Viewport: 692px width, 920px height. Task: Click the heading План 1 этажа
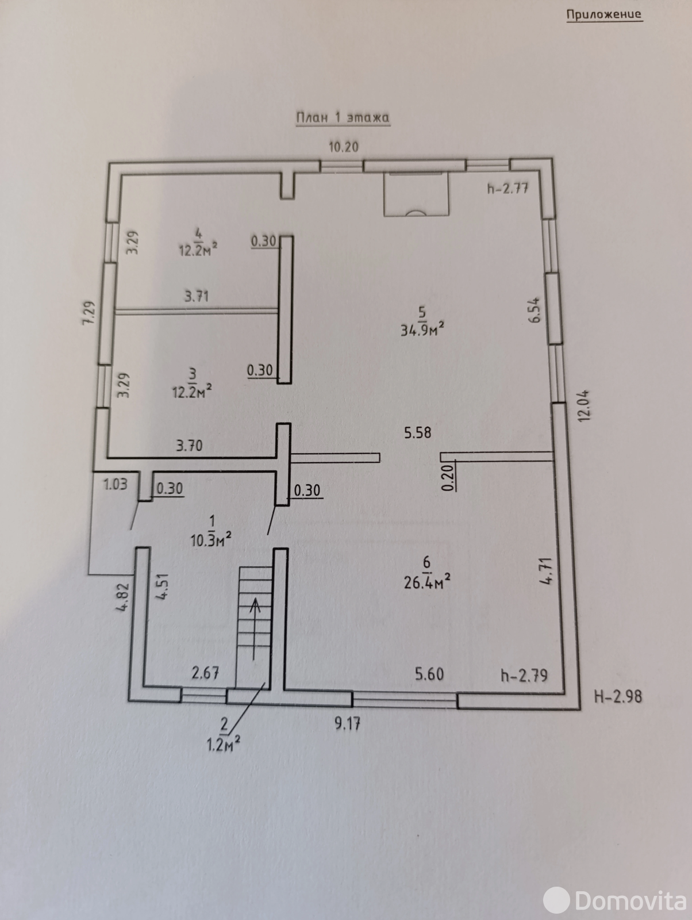pyautogui.click(x=343, y=118)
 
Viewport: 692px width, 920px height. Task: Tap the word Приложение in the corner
pyautogui.click(x=604, y=15)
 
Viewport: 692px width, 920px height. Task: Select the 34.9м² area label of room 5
pyautogui.click(x=422, y=330)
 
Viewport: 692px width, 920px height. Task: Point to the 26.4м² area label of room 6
pyautogui.click(x=427, y=582)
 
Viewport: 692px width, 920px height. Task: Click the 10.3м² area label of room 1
pyautogui.click(x=212, y=540)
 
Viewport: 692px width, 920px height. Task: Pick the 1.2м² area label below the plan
pyautogui.click(x=224, y=745)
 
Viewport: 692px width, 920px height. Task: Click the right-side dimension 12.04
pyautogui.click(x=583, y=405)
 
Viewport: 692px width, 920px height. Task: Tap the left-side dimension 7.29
pyautogui.click(x=89, y=313)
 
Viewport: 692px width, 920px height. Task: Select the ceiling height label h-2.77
pyautogui.click(x=508, y=188)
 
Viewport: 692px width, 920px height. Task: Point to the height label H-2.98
pyautogui.click(x=618, y=696)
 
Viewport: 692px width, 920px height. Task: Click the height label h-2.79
pyautogui.click(x=524, y=675)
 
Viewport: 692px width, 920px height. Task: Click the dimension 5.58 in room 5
pyautogui.click(x=418, y=432)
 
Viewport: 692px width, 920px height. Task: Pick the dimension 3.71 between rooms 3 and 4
pyautogui.click(x=197, y=296)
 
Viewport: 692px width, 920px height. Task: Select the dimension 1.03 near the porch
pyautogui.click(x=115, y=484)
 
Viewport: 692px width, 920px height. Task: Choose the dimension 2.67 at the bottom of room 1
pyautogui.click(x=205, y=673)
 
